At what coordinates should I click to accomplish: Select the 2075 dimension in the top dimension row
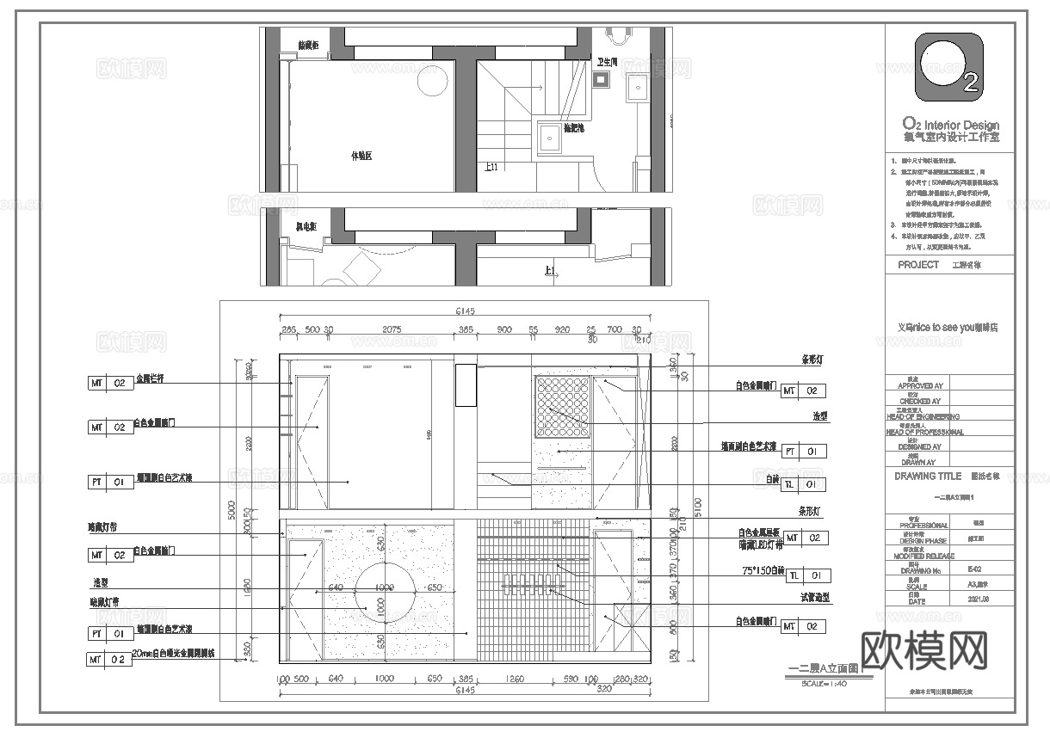point(392,329)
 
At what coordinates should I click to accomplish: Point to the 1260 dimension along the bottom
point(513,679)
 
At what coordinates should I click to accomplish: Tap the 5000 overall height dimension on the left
point(232,510)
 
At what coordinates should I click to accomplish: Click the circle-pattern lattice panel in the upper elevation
point(561,406)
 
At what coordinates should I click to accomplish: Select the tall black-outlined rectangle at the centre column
point(465,384)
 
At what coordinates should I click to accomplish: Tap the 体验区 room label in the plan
point(361,157)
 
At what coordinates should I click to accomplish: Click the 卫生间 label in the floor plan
point(608,62)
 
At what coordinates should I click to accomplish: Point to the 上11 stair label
point(491,167)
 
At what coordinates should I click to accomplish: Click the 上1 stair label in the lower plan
point(550,270)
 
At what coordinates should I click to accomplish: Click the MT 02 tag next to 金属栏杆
point(111,383)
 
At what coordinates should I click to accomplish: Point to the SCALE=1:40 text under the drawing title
point(824,683)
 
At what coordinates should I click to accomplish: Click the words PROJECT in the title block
point(918,265)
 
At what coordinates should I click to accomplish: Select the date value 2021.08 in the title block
point(979,599)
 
